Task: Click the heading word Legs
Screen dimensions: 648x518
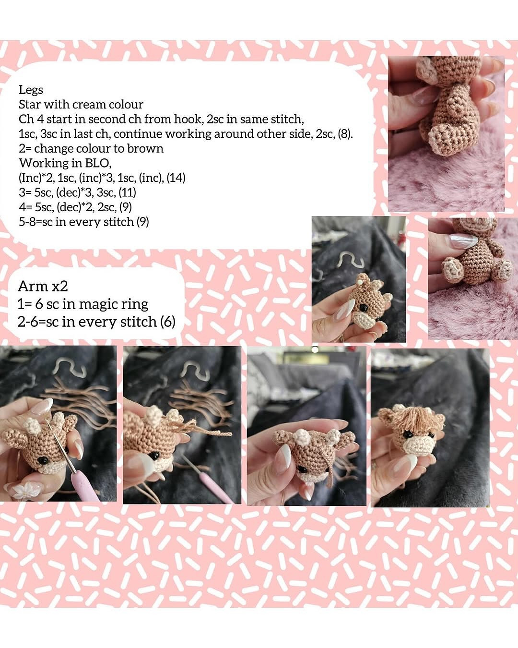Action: (31, 90)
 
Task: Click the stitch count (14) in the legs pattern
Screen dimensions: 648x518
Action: (176, 178)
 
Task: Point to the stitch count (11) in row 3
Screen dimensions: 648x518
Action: (127, 192)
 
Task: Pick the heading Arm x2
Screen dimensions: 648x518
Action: (43, 286)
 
